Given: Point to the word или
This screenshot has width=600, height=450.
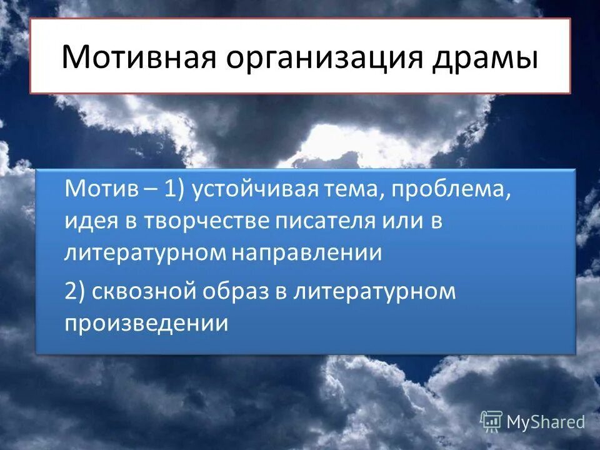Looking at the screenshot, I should coord(404,222).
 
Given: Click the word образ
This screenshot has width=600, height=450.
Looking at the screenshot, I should coord(236,292).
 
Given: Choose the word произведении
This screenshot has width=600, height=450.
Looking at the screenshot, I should coord(146,323).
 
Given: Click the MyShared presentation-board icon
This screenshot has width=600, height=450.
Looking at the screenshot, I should coord(491,421).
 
